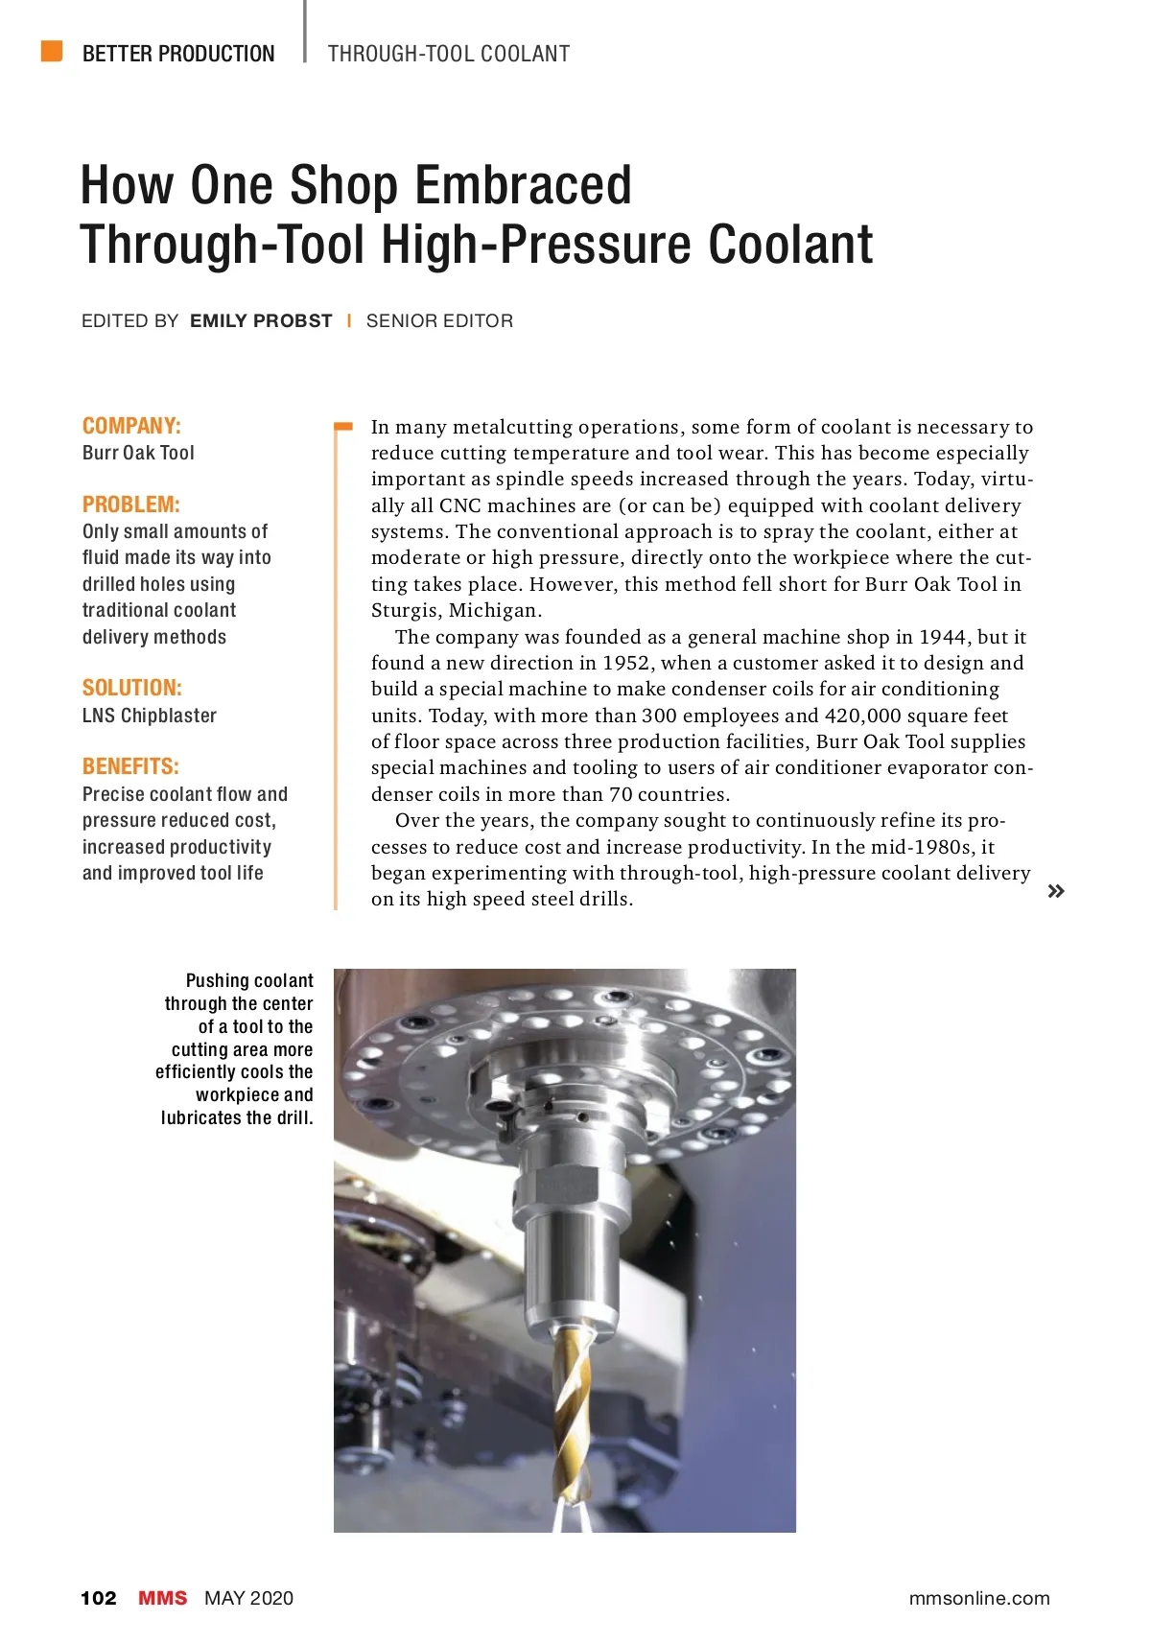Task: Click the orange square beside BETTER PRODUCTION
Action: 52,51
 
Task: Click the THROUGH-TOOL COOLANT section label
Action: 449,54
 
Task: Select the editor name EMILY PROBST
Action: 261,321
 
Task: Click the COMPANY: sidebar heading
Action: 131,426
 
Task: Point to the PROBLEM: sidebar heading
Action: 130,505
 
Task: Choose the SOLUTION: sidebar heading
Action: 131,688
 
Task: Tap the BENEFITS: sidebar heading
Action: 130,766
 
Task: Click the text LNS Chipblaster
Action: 150,716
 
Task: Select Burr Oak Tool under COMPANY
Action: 138,453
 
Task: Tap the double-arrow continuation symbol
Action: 1056,891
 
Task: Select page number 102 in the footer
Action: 99,1598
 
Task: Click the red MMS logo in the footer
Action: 162,1598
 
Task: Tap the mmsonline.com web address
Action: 978,1598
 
